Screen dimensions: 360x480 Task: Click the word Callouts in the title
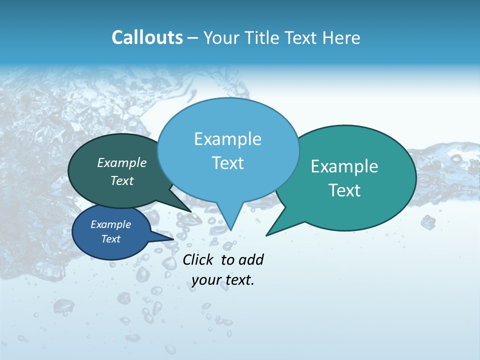[x=147, y=37]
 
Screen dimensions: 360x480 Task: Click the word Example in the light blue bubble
[x=227, y=139]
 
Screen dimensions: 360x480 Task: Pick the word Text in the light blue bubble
[x=227, y=163]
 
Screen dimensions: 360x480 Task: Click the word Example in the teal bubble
[x=344, y=166]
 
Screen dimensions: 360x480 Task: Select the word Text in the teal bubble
[x=344, y=190]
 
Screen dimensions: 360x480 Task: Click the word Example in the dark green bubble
[x=122, y=162]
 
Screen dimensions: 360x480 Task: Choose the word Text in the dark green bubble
[x=122, y=180]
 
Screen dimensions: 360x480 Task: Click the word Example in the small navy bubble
[x=110, y=224]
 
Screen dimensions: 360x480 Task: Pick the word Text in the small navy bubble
[x=110, y=239]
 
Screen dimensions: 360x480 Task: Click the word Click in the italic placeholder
[x=199, y=259]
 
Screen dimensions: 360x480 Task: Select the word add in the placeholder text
[x=251, y=259]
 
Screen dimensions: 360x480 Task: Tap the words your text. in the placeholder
[x=223, y=280]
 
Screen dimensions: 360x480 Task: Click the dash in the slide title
[x=193, y=38]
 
